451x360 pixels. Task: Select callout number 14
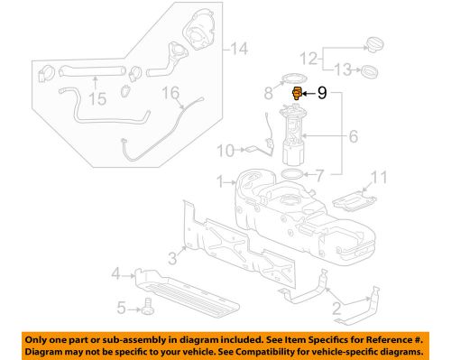tap(237, 49)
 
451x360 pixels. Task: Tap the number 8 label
tap(268, 92)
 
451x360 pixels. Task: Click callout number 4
tap(116, 273)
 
